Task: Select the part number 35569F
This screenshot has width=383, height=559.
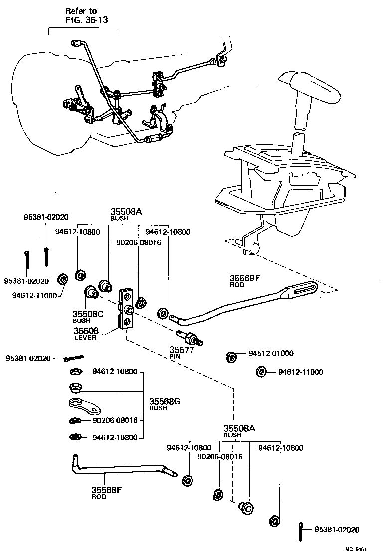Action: [245, 278]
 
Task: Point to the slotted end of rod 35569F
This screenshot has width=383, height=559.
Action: [300, 289]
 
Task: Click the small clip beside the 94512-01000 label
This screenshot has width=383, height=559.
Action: [230, 356]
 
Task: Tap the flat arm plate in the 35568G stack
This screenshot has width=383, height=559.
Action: [84, 405]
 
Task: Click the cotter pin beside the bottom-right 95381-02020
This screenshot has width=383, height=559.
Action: [302, 531]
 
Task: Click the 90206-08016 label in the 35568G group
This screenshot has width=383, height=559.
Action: [115, 420]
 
